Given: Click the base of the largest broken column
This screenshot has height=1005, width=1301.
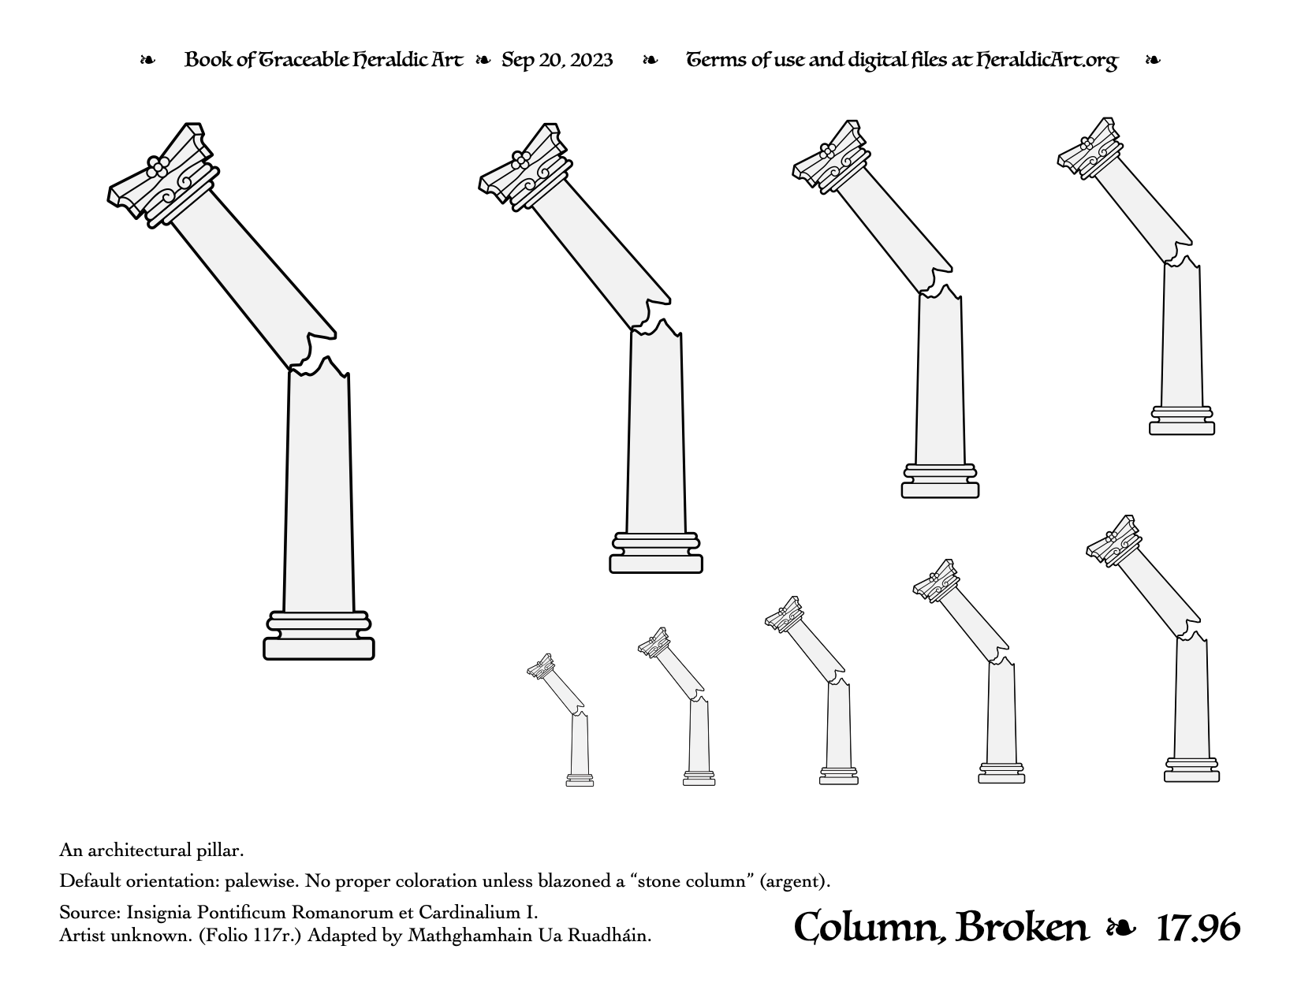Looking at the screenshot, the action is (x=319, y=635).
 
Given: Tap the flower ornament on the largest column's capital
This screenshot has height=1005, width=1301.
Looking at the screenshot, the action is (x=158, y=167).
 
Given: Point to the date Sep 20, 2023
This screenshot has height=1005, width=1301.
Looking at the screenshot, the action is (x=557, y=60).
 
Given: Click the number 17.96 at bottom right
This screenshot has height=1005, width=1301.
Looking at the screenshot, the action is (x=1198, y=929).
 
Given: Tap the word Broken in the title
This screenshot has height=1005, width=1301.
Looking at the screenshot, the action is (x=1022, y=929).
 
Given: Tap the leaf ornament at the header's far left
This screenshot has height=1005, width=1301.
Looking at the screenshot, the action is (x=147, y=60).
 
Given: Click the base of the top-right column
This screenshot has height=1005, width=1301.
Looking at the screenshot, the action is (x=1181, y=420).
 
